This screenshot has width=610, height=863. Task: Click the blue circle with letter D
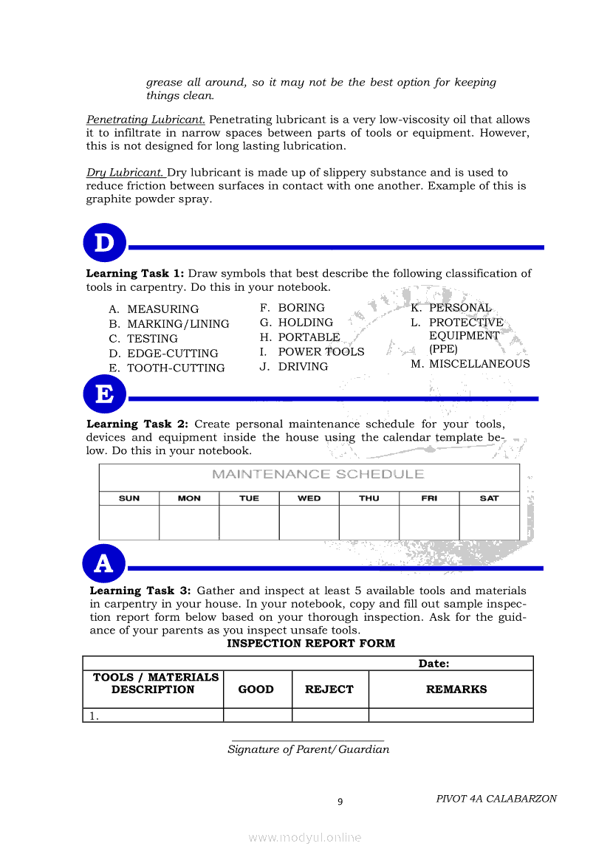coord(105,243)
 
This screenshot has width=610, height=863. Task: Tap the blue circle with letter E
coord(105,394)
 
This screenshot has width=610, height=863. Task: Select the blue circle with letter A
coord(104,564)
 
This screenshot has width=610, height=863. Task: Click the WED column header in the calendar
coord(309,498)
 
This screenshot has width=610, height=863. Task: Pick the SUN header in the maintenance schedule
coord(129,498)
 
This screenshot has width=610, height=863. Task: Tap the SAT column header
coord(489,498)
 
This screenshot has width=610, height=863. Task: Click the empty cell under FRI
coord(429,523)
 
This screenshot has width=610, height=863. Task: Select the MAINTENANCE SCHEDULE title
coord(318,474)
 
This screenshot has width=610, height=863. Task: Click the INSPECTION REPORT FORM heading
coord(311,644)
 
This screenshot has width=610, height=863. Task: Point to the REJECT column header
coord(329,690)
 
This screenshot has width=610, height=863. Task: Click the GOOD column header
coord(256,690)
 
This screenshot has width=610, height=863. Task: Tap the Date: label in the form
coord(434,664)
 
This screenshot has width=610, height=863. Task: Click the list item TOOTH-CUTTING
coord(176,368)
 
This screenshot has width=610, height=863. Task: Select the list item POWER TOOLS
coord(321,352)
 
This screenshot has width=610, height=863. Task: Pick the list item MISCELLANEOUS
coord(479,364)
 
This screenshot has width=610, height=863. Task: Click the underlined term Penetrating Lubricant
coord(145,120)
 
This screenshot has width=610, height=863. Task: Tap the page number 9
coord(340,802)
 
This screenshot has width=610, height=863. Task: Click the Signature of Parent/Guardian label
coord(308,749)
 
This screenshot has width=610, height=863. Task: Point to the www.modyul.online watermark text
coord(305,837)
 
